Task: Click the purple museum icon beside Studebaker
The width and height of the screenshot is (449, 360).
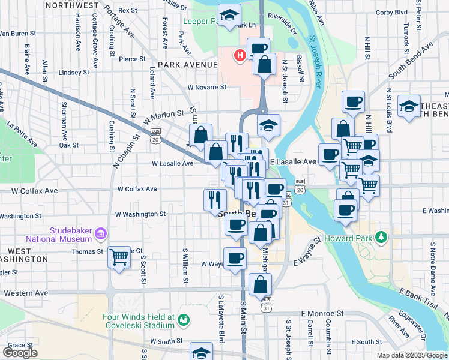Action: pos(101,232)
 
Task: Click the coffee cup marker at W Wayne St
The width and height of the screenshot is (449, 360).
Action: pos(235,258)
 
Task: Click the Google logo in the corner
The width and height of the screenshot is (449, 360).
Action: pos(20,353)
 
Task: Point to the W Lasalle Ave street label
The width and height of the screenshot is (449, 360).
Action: pos(172,163)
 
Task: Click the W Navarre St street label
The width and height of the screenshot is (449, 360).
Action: pos(206,87)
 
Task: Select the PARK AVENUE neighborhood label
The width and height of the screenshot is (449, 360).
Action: pos(187,64)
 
